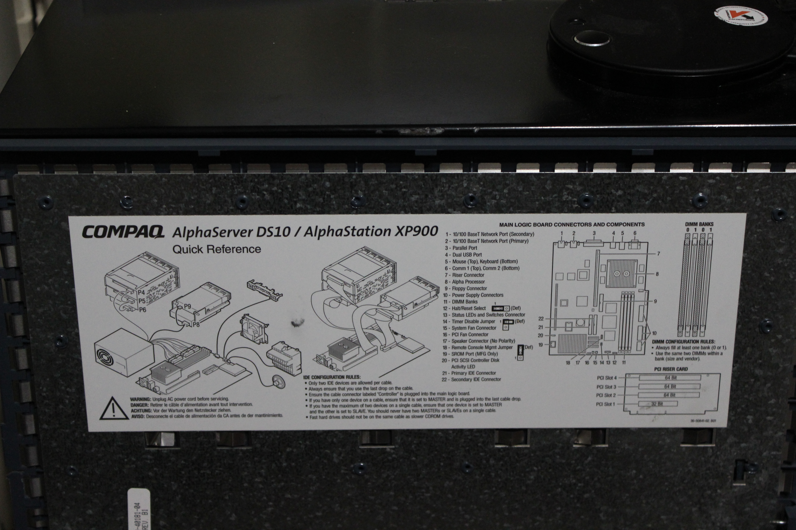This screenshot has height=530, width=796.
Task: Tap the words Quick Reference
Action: click(217, 250)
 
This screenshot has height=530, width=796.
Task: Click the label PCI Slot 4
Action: click(607, 378)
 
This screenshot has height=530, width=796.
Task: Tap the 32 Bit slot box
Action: click(657, 404)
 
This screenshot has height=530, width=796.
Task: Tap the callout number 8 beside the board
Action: click(657, 274)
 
